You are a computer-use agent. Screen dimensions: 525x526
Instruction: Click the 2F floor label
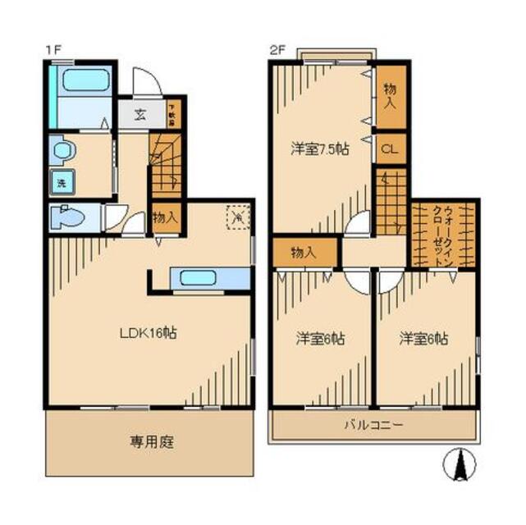pyautogui.click(x=277, y=50)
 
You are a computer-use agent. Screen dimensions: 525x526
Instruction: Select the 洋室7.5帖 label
pyautogui.click(x=319, y=148)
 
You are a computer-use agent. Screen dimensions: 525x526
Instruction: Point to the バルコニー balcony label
pyautogui.click(x=373, y=425)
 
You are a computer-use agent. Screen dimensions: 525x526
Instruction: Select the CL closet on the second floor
pyautogui.click(x=391, y=150)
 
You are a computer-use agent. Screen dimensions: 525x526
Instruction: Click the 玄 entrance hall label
pyautogui.click(x=141, y=113)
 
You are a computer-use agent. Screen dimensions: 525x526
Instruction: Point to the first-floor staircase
pyautogui.click(x=164, y=164)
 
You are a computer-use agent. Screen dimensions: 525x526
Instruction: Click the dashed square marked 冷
pyautogui.click(x=238, y=217)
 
